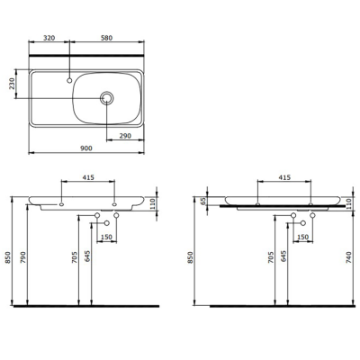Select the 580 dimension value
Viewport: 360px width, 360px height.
(x=107, y=40)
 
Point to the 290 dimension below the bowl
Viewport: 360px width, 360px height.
(x=124, y=135)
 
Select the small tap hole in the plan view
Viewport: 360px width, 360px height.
(x=68, y=82)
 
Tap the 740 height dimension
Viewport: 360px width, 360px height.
(x=348, y=257)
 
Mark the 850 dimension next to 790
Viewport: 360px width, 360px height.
(x=9, y=257)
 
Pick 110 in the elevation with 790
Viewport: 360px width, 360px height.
(x=152, y=204)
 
